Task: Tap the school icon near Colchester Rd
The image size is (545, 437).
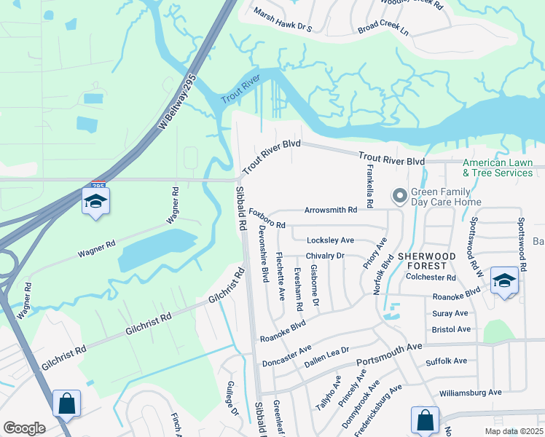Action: click(x=504, y=281)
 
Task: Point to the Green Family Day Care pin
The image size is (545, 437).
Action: click(x=399, y=195)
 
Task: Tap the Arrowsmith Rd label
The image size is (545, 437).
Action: click(x=331, y=210)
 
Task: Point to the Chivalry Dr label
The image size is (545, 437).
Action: click(x=324, y=256)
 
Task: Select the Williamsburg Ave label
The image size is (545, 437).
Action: click(x=471, y=392)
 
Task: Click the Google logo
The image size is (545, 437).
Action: click(x=24, y=428)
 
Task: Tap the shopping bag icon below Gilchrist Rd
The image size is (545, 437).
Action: click(x=66, y=404)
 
